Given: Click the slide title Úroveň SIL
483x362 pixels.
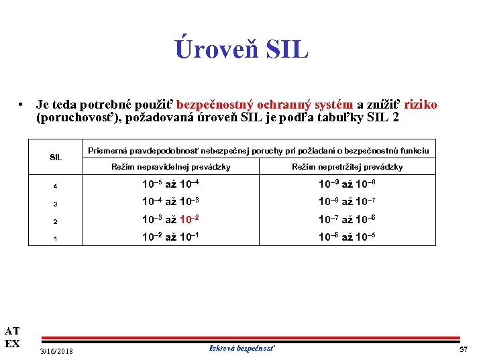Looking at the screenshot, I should click(x=241, y=48).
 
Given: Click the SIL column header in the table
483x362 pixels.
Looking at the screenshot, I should click(x=56, y=158).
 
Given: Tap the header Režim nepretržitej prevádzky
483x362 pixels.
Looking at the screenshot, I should click(x=347, y=167).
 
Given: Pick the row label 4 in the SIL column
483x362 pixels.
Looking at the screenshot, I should click(x=56, y=184).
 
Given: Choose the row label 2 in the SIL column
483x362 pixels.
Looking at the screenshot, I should click(x=56, y=221).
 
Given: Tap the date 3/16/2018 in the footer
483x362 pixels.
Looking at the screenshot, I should click(x=57, y=351).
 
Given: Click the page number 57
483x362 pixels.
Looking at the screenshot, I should click(x=463, y=350).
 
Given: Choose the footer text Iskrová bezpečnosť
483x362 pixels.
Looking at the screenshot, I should click(x=242, y=349).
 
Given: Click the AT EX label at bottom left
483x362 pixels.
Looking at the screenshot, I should click(x=12, y=337).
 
